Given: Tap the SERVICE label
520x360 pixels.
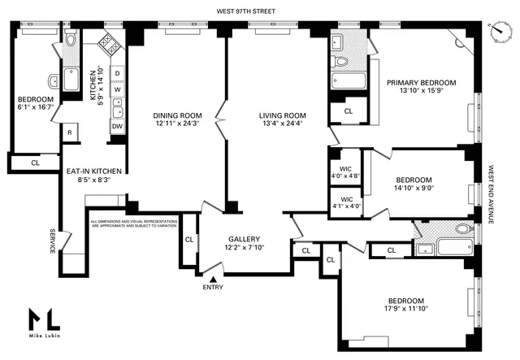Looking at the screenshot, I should pos(52,240).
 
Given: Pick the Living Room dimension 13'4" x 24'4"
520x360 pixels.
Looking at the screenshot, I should pos(279,124).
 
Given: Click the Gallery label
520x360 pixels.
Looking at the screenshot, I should pos(244,238).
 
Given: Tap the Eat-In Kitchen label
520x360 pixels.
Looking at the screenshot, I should pos(94,171).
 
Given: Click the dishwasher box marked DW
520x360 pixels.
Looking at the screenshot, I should pos(117,126).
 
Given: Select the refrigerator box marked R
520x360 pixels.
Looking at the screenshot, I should pos(71,132).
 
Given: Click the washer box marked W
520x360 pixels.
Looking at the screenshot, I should pos(117,89).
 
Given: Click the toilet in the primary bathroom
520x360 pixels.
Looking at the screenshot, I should pos(342,60).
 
